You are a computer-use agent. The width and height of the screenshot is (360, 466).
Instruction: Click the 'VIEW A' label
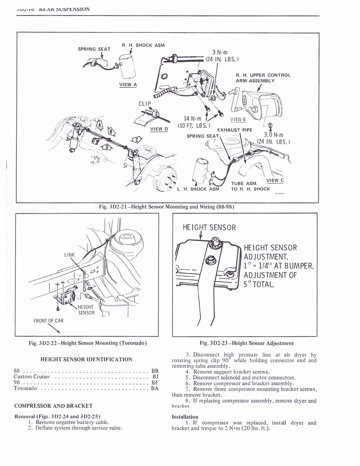(x=125, y=84)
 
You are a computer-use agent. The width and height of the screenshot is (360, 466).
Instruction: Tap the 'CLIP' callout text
(x=144, y=104)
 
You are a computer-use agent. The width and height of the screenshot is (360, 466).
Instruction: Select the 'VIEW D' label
(x=159, y=129)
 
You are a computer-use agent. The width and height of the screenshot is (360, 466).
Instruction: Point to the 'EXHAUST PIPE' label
(x=234, y=130)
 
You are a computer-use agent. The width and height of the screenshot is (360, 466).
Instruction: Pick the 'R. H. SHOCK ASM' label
(x=143, y=45)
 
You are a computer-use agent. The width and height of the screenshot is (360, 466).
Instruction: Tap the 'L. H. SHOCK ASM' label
(x=198, y=189)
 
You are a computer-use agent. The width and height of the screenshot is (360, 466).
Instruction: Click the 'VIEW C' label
(x=274, y=180)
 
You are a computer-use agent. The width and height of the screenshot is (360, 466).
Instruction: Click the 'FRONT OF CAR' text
(x=49, y=320)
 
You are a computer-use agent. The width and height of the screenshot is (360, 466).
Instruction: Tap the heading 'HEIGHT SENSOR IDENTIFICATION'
(x=86, y=360)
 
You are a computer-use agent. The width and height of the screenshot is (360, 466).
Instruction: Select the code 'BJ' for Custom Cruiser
(x=155, y=376)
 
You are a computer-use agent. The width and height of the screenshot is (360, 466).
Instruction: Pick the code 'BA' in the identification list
(x=155, y=389)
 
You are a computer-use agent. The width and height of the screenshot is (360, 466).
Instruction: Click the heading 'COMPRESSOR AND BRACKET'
(x=54, y=405)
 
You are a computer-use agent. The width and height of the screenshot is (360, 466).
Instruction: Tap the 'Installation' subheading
(x=185, y=416)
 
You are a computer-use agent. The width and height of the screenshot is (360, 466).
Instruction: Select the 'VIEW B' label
(x=238, y=120)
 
